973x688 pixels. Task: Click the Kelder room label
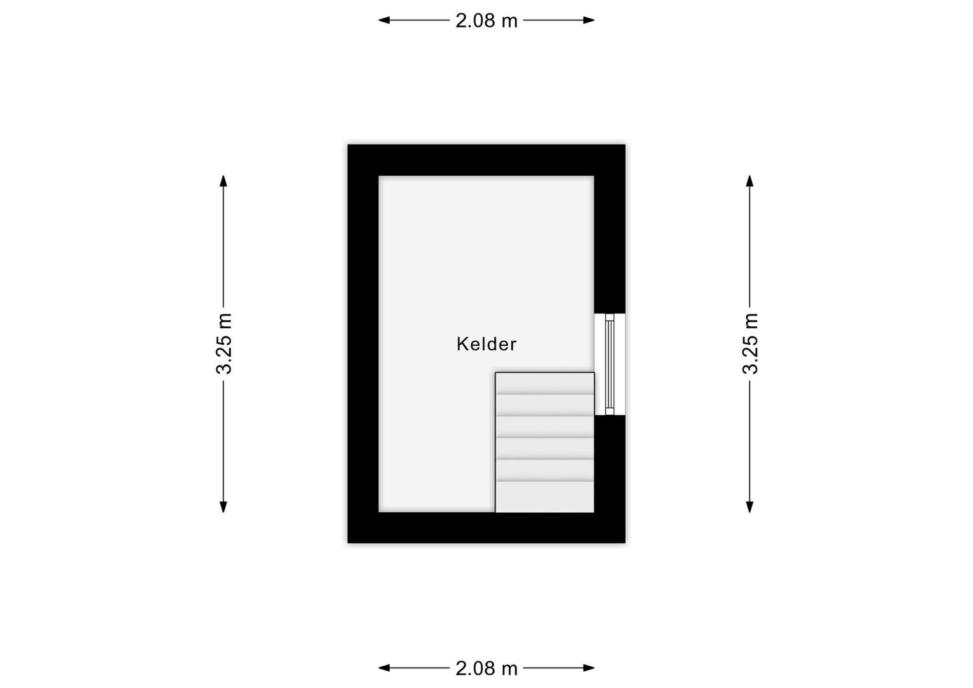pos(486,344)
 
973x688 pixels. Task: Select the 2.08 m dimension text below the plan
pos(486,668)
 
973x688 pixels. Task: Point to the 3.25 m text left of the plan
pos(224,343)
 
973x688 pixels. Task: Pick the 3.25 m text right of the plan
pos(750,343)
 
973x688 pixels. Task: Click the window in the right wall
pos(609,364)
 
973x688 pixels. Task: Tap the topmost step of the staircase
pos(544,383)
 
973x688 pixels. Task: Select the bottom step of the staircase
pos(544,497)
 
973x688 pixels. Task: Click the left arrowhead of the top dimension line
pos(384,20)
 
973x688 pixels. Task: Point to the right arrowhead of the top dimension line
pos(588,20)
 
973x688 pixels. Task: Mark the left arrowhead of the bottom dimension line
pos(384,668)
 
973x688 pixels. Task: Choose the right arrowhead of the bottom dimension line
pos(588,668)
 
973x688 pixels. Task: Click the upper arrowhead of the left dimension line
pos(224,181)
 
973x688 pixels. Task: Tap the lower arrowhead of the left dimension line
pos(224,507)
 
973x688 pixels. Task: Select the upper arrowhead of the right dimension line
pos(749,181)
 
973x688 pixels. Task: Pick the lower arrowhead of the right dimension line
pos(749,507)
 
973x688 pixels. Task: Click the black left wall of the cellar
pos(363,344)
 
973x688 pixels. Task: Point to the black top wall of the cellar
pos(487,161)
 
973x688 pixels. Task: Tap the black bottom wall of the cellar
pos(487,527)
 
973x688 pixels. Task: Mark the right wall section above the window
pos(610,244)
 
